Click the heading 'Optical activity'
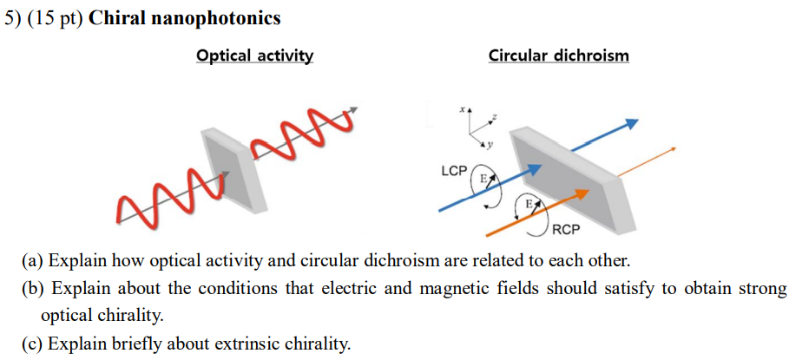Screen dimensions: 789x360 [255, 56]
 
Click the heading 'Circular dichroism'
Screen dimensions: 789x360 [558, 56]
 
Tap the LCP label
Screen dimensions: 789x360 [454, 171]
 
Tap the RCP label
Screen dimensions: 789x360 [565, 231]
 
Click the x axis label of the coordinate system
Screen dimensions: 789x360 [463, 111]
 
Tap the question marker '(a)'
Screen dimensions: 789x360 [33, 260]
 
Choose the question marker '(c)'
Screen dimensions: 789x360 [33, 344]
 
